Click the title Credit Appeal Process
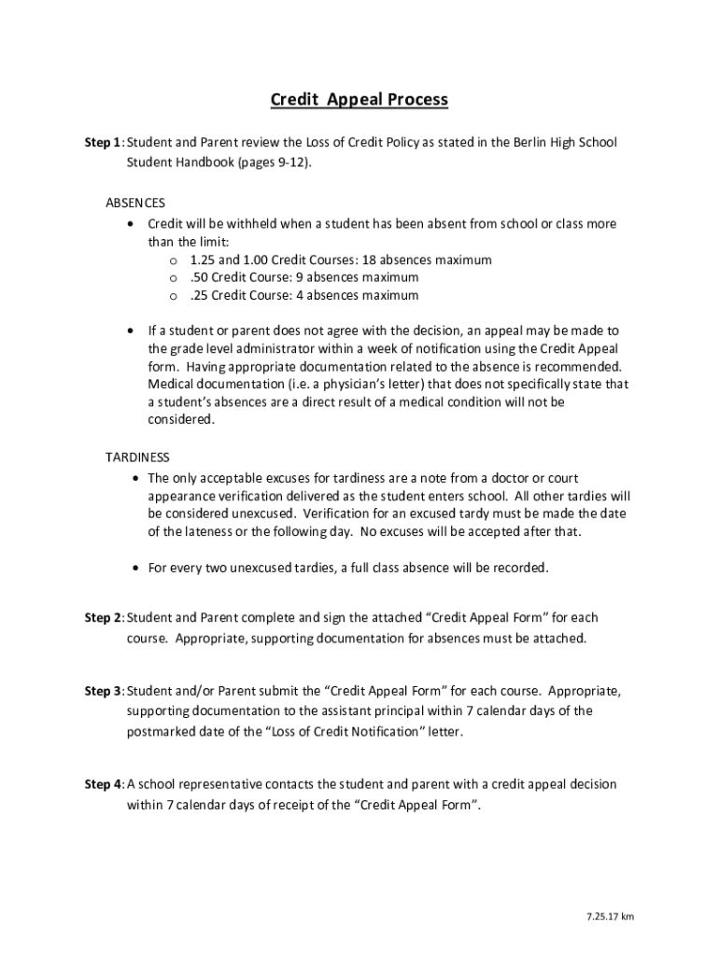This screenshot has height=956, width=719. (359, 99)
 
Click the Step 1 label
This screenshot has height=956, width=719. (103, 143)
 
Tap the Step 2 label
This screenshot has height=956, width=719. (103, 618)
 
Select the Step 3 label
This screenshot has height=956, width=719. (103, 692)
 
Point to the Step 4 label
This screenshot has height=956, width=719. (103, 785)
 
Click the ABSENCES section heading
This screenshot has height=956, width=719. (135, 203)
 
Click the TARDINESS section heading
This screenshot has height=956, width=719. (137, 457)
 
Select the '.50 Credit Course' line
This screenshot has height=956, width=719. (303, 277)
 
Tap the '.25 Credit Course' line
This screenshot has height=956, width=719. (303, 296)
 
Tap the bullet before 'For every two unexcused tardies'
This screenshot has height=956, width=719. (137, 568)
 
